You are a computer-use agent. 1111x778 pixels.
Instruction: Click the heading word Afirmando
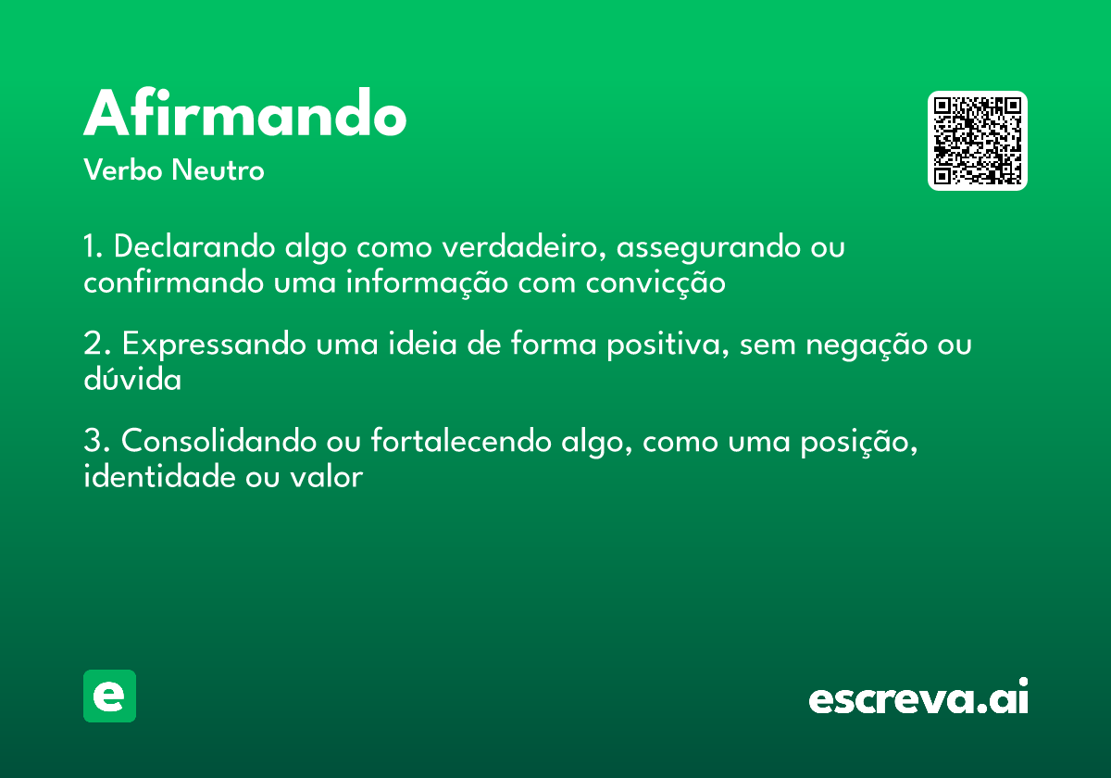click(x=245, y=115)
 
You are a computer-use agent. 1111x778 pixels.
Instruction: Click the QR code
click(x=977, y=141)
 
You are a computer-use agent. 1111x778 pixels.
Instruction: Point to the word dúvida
click(x=132, y=379)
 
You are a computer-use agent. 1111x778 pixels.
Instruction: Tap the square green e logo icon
click(x=109, y=696)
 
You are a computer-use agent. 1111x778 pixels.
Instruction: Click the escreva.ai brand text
click(x=918, y=698)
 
